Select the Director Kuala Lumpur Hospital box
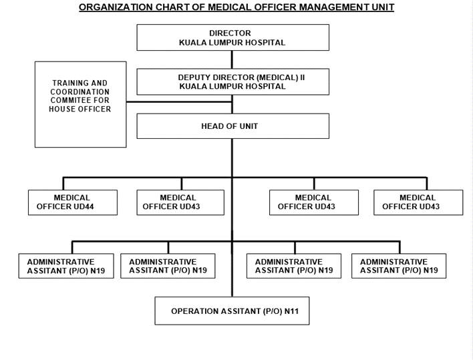pos(233,37)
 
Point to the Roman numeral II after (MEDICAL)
pos(303,77)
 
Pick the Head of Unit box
pos(233,126)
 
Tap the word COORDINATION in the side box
pos(80,92)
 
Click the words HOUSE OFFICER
pos(80,109)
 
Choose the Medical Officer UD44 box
pos(73,202)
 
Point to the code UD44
pos(84,206)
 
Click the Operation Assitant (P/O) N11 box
pos(232,311)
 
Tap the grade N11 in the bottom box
pos(291,311)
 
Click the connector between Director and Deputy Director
pos(232,59)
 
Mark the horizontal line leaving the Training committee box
pos(179,102)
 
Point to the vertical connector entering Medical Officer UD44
pos(63,184)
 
